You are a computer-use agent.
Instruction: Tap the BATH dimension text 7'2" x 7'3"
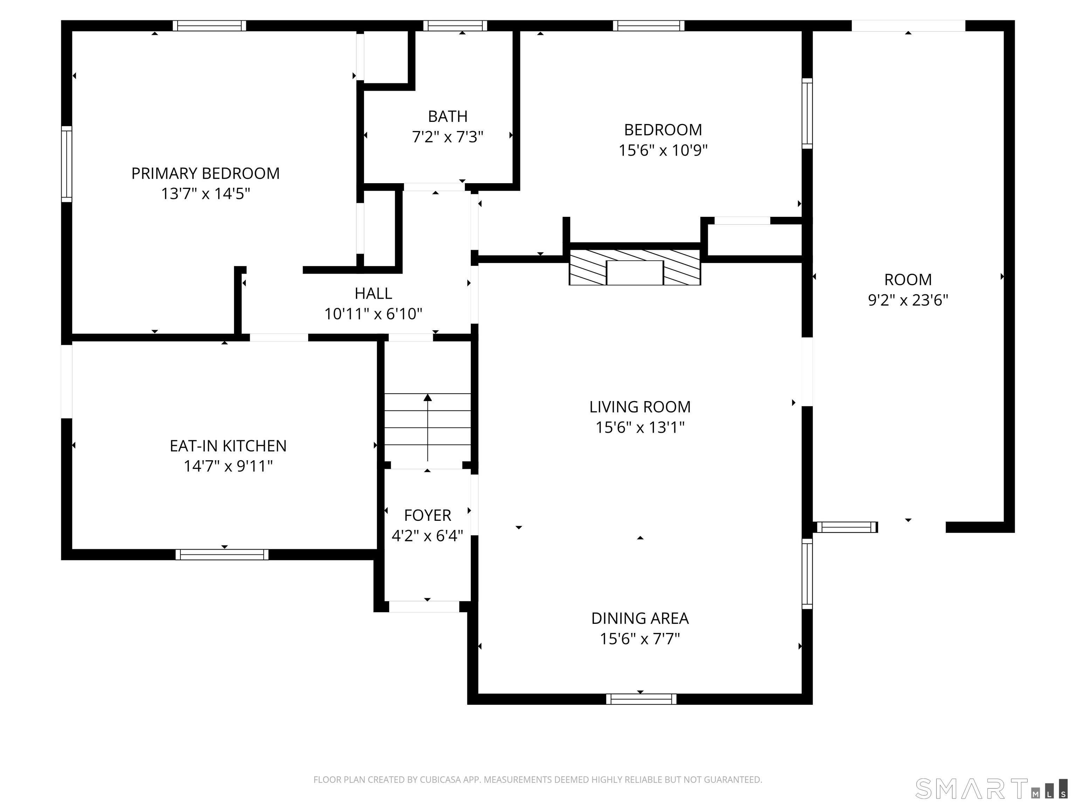(x=448, y=137)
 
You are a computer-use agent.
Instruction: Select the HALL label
(x=373, y=293)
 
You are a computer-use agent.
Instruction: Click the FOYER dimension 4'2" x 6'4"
(x=427, y=536)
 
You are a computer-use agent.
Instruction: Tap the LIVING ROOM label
(x=640, y=407)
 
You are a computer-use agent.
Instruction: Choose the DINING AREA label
(x=640, y=618)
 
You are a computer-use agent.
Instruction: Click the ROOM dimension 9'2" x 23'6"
(x=908, y=300)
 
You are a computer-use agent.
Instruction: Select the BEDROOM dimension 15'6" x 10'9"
(x=663, y=150)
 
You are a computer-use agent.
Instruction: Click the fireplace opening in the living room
(x=634, y=273)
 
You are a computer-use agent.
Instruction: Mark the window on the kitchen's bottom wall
(x=222, y=554)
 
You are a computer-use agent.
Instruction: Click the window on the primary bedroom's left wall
(x=67, y=164)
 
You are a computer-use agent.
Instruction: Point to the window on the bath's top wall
(x=455, y=26)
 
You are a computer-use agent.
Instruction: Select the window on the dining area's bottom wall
(x=641, y=699)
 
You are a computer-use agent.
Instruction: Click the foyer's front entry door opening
(x=424, y=607)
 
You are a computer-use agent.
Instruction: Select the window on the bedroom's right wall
(x=807, y=113)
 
